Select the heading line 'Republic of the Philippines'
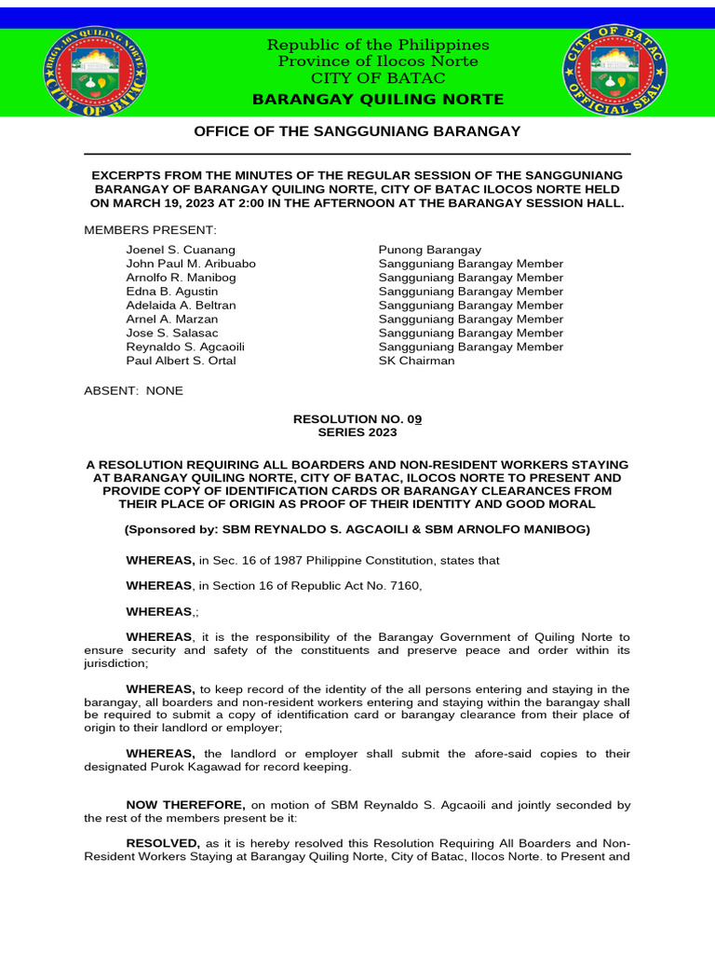click(x=378, y=45)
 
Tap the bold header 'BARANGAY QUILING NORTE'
click(x=378, y=100)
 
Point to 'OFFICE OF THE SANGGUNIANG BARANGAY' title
click(x=357, y=131)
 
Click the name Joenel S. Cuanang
click(x=181, y=250)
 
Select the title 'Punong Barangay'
click(x=429, y=250)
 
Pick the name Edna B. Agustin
click(x=172, y=292)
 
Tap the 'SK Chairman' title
click(x=416, y=361)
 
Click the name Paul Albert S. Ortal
click(x=181, y=361)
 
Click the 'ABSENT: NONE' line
click(x=134, y=390)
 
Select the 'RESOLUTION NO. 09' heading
click(x=357, y=418)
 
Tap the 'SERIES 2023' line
click(x=357, y=432)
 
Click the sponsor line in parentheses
click(x=357, y=529)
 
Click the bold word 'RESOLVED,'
click(x=162, y=842)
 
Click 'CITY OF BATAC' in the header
click(x=378, y=77)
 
